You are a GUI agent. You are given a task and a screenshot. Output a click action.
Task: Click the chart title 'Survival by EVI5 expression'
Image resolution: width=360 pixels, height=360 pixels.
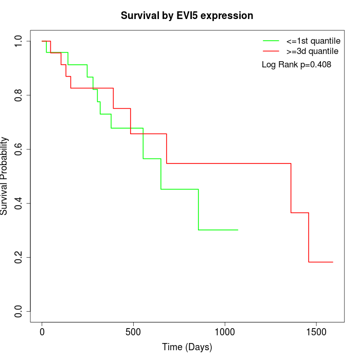coord(187,16)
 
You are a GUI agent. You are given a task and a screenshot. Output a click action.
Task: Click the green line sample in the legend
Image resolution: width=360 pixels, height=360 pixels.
coord(271,41)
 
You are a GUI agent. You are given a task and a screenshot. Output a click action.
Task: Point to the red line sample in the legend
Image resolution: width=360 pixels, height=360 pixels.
coord(271,51)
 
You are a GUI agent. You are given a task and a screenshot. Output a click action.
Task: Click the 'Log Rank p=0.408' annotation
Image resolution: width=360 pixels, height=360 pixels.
coord(296,65)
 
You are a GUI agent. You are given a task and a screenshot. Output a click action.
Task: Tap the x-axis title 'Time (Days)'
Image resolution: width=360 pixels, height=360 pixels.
coord(187,347)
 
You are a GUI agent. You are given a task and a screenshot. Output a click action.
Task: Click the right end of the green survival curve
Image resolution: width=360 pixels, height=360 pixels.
coord(238,230)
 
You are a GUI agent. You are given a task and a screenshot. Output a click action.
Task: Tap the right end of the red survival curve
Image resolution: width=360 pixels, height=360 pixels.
coord(333,262)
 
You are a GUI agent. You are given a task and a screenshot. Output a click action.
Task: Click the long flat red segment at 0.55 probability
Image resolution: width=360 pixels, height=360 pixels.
coord(229,164)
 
